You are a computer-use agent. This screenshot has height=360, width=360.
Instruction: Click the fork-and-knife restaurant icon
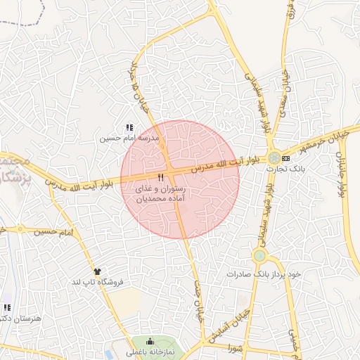click(x=161, y=178)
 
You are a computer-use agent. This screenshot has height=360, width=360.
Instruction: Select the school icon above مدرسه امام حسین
click(x=129, y=128)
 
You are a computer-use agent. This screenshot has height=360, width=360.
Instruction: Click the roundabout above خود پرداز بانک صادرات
click(x=259, y=256)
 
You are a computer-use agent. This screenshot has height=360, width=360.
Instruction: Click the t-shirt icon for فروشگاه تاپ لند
click(x=97, y=271)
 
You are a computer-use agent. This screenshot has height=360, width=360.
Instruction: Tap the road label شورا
click(x=233, y=347)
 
